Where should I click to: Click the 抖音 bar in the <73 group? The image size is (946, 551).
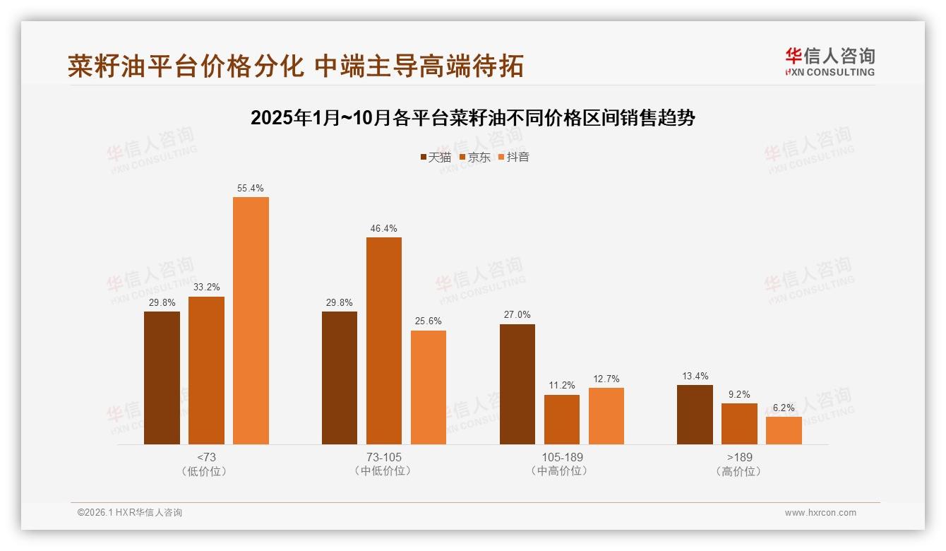pyautogui.click(x=251, y=321)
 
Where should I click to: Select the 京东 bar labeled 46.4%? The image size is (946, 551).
pyautogui.click(x=383, y=340)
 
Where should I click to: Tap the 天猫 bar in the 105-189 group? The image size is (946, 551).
pyautogui.click(x=517, y=384)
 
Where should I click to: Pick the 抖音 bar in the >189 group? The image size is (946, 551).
pyautogui.click(x=784, y=430)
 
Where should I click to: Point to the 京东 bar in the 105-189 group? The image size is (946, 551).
pyautogui.click(x=562, y=420)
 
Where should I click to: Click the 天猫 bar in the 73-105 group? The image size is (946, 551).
pyautogui.click(x=340, y=378)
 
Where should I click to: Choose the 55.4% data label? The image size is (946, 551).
pyautogui.click(x=251, y=189)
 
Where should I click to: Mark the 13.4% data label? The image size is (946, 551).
pyautogui.click(x=695, y=377)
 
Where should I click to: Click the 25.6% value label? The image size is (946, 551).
pyautogui.click(x=429, y=321)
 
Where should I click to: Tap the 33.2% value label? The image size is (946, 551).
pyautogui.click(x=206, y=288)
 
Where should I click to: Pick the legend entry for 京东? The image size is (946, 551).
pyautogui.click(x=474, y=158)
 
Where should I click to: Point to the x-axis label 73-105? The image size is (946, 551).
pyautogui.click(x=383, y=458)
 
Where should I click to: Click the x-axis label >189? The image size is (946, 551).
pyautogui.click(x=739, y=458)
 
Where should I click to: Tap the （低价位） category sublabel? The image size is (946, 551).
pyautogui.click(x=206, y=471)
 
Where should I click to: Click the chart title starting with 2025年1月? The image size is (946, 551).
pyautogui.click(x=473, y=118)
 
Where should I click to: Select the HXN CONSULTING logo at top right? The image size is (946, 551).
pyautogui.click(x=830, y=61)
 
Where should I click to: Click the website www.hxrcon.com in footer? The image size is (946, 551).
pyautogui.click(x=820, y=513)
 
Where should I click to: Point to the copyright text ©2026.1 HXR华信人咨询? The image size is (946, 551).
pyautogui.click(x=130, y=513)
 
